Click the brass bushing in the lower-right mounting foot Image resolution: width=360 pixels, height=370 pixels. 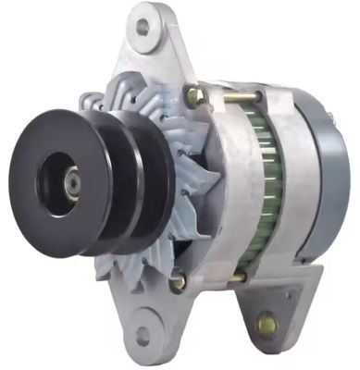click(267, 325)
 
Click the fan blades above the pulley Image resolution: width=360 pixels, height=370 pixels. click(130, 92)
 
